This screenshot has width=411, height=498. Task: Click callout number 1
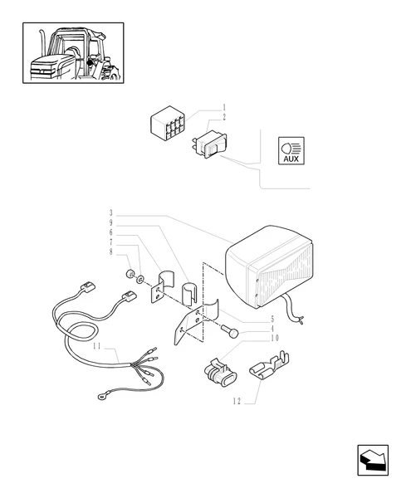(x=224, y=107)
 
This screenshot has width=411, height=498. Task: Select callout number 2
(x=224, y=117)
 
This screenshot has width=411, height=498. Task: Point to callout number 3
(x=111, y=212)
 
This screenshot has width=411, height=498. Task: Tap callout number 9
(x=111, y=222)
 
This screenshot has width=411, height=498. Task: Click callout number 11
(x=97, y=346)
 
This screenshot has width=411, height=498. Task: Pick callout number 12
(x=237, y=402)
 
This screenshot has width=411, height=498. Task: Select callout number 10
(x=275, y=338)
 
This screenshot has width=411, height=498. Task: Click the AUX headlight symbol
(x=291, y=151)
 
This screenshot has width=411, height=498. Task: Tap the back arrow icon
(x=373, y=460)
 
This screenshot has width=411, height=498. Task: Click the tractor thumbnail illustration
(x=73, y=53)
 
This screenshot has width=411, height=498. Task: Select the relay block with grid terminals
(x=167, y=124)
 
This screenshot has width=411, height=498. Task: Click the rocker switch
(x=210, y=145)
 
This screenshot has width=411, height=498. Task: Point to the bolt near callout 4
(x=230, y=331)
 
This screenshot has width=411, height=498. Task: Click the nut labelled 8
(x=130, y=274)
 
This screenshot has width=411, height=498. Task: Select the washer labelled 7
(x=140, y=280)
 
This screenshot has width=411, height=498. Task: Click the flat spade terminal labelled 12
(x=269, y=365)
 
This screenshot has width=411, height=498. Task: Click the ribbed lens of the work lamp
(x=286, y=277)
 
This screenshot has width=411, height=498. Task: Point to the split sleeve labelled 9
(x=189, y=292)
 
